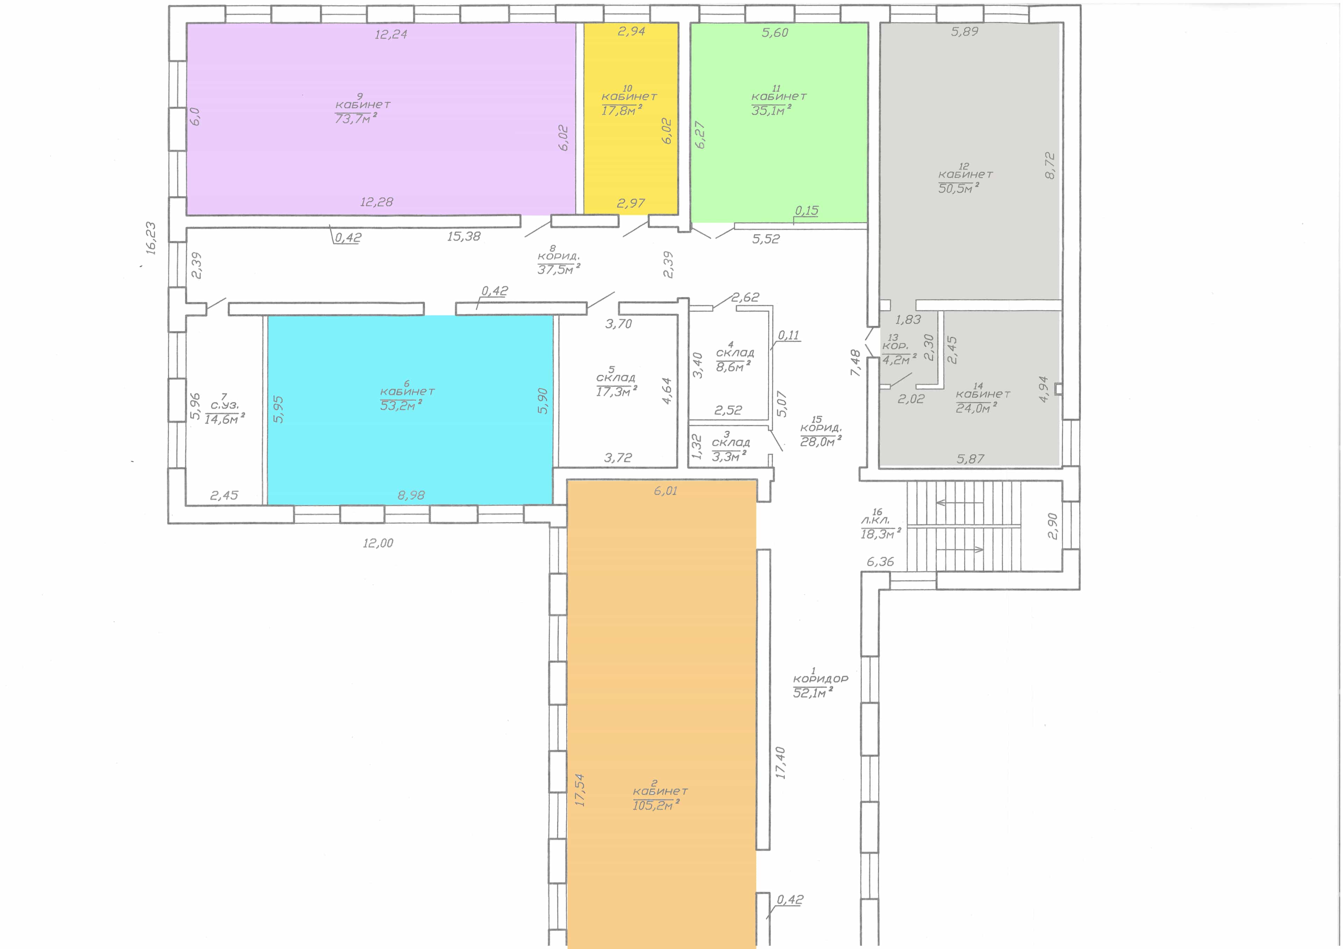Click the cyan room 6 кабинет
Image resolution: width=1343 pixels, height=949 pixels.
point(410,410)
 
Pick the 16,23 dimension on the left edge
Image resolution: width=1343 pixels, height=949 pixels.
point(151,238)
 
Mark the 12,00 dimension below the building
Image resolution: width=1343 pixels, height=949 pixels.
point(378,543)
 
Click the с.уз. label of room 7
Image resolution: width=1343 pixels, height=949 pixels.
point(225,405)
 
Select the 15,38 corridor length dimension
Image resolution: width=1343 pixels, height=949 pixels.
point(464,236)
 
